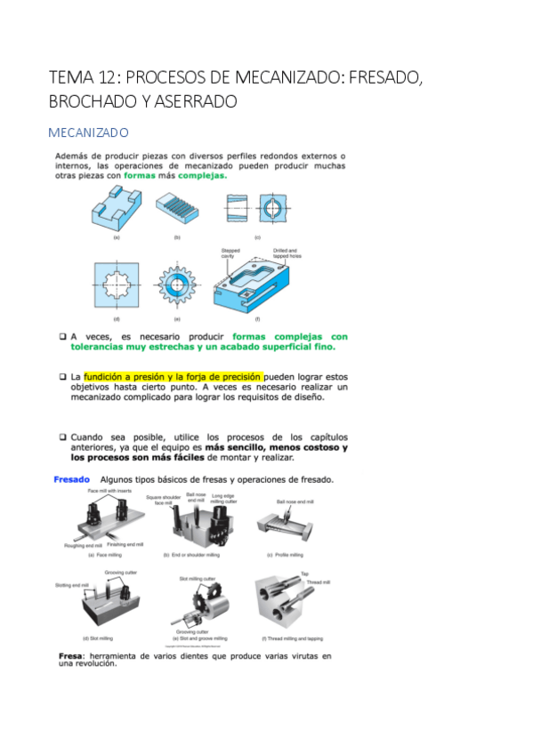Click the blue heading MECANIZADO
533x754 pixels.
[x=88, y=132]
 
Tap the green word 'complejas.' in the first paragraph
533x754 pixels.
[x=201, y=175]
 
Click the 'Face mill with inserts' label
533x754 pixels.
[x=109, y=491]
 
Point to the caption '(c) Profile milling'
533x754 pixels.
[x=285, y=555]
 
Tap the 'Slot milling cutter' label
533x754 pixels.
[x=197, y=579]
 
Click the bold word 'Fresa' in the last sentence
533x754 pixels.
[x=69, y=656]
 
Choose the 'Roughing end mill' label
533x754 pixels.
[x=84, y=545]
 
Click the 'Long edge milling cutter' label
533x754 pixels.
[x=236, y=501]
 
